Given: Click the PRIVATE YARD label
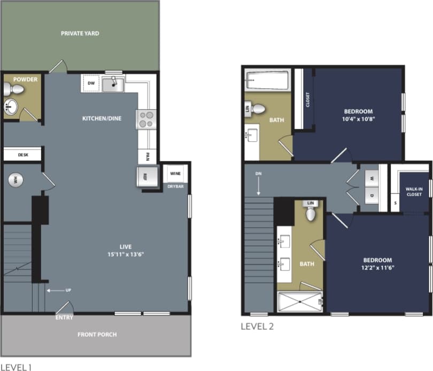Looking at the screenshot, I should click(x=79, y=33).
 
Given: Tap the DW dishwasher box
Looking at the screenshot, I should click(x=91, y=83).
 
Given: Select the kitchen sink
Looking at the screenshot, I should click(x=113, y=84).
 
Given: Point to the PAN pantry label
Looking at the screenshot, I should click(x=147, y=158).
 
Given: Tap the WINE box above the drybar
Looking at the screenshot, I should click(x=174, y=174).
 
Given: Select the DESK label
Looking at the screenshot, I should click(x=22, y=154).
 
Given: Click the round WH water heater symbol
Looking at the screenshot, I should click(x=16, y=180).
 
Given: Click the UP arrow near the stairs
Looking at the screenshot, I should click(x=67, y=290).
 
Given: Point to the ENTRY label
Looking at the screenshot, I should click(x=64, y=318).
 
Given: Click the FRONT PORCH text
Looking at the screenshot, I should click(x=97, y=335).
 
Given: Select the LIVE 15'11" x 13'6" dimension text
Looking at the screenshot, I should click(x=126, y=250).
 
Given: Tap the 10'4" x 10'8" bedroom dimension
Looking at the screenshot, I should click(x=358, y=119).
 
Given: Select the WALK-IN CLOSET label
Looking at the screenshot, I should click(x=414, y=192).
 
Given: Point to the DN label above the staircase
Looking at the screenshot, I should click(x=258, y=174).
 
